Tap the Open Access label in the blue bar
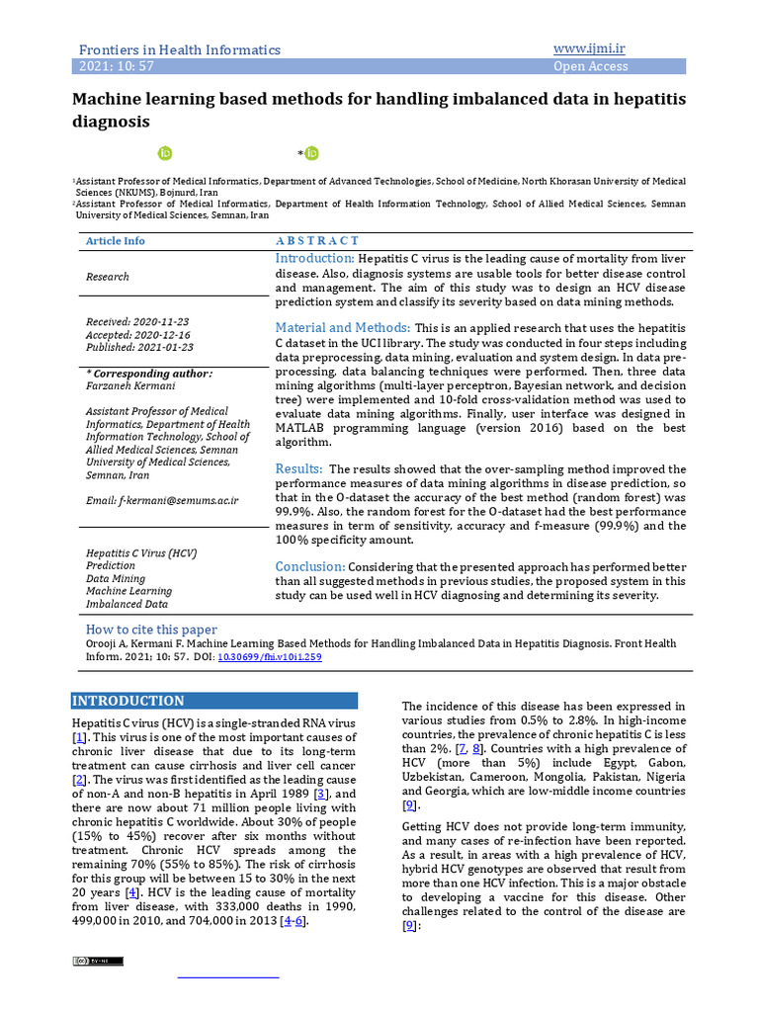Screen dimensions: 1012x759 click(x=590, y=66)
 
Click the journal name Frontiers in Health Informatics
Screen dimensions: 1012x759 click(x=179, y=49)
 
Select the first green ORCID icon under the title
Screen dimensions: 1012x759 click(x=165, y=153)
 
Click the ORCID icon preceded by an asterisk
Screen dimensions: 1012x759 click(x=311, y=153)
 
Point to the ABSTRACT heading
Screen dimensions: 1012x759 click(x=317, y=240)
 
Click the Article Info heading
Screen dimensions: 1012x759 click(x=115, y=241)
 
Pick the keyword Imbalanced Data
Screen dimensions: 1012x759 click(x=126, y=604)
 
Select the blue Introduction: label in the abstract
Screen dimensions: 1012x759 click(x=315, y=259)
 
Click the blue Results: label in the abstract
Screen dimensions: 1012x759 click(x=298, y=468)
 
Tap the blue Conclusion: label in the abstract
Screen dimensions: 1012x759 click(x=310, y=566)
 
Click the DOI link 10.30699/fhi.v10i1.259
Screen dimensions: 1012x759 click(x=269, y=656)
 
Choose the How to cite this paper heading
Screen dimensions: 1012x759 click(x=151, y=630)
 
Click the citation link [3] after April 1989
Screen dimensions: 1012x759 click(x=320, y=794)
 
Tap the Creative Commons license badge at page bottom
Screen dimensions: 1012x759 click(x=97, y=961)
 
